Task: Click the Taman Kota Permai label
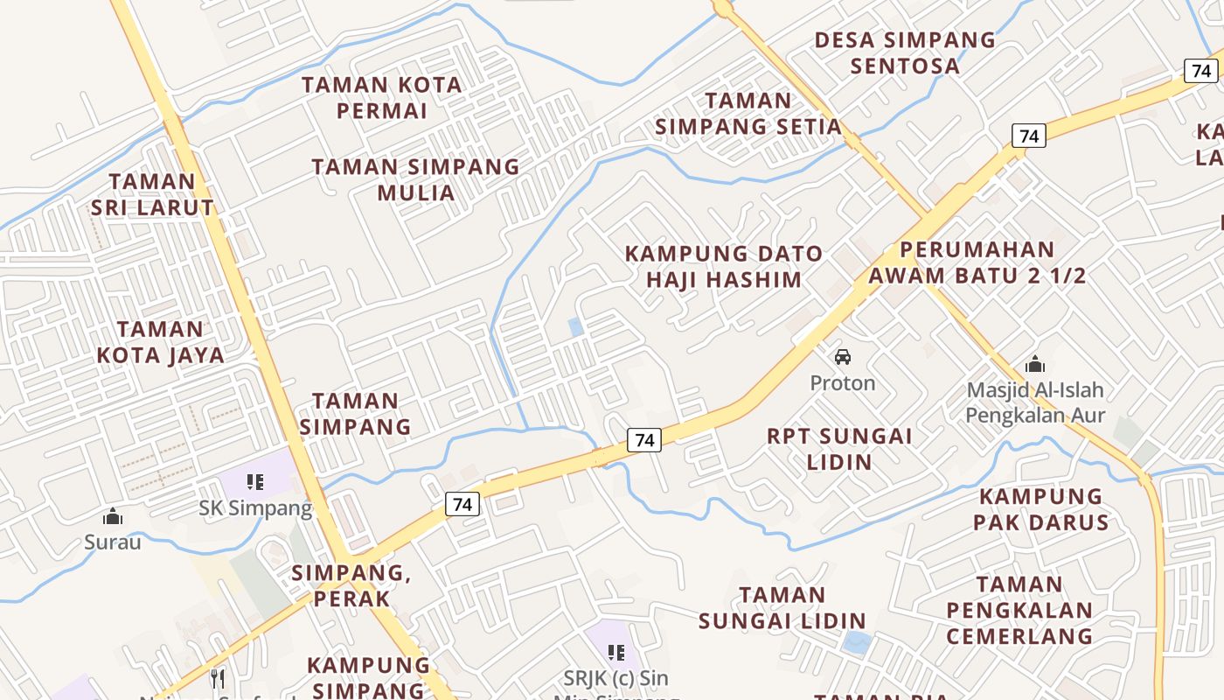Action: (x=381, y=98)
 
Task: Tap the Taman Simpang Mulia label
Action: (x=415, y=179)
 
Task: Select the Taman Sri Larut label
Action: (x=152, y=194)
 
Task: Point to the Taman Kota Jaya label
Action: (x=160, y=342)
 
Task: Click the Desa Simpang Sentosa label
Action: (x=905, y=52)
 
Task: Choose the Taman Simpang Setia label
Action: (x=748, y=114)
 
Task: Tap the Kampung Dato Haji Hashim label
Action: (x=724, y=267)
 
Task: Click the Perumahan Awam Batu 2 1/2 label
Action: (x=977, y=262)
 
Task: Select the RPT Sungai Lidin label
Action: (x=839, y=448)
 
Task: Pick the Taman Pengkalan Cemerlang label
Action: (x=1019, y=609)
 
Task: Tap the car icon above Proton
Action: (x=843, y=357)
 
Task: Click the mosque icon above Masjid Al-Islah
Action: (x=1035, y=363)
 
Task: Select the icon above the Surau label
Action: (x=113, y=517)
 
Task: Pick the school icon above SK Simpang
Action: (x=254, y=481)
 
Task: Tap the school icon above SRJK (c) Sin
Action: (x=616, y=652)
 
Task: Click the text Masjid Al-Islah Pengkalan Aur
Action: (x=1035, y=402)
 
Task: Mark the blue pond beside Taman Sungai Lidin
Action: (x=857, y=643)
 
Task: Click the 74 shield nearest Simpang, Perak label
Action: (x=462, y=504)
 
